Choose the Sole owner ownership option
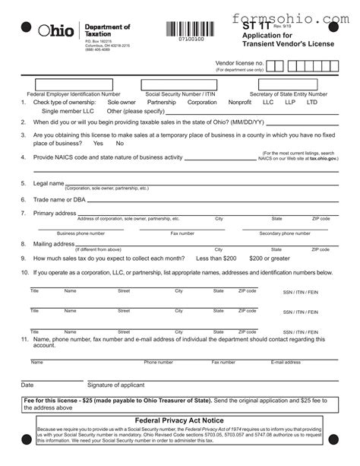coord(122,101)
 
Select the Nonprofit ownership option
coord(240,101)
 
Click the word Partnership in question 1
coord(161,101)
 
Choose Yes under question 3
coord(97,143)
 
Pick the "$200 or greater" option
coord(270,258)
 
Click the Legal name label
coord(48,183)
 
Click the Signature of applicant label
coord(115,385)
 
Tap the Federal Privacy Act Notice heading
coord(179,420)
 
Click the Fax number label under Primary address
coord(182,234)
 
